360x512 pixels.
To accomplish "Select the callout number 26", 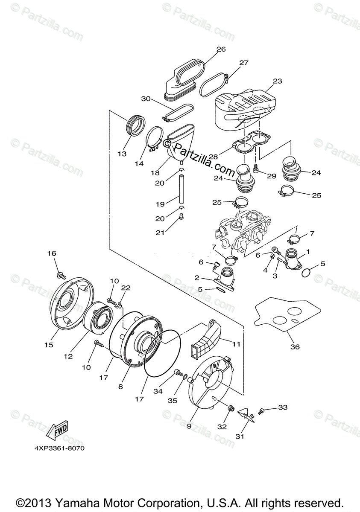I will point(220,49).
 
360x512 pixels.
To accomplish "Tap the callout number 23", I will point(266,81).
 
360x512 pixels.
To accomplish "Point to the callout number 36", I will point(295,346).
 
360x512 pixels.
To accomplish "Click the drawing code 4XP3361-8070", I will point(63,448).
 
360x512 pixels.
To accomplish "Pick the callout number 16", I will point(52,253).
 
